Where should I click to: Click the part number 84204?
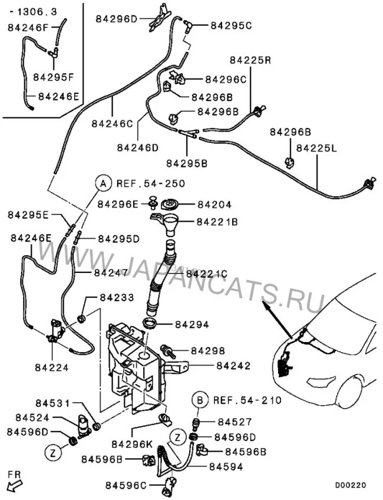click(x=214, y=205)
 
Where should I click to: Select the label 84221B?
click(x=217, y=222)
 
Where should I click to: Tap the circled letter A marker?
click(x=103, y=183)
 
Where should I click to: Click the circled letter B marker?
click(x=200, y=400)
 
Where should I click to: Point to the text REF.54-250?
click(x=142, y=183)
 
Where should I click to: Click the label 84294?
click(x=191, y=324)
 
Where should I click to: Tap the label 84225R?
click(x=250, y=61)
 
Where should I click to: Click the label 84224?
click(x=54, y=367)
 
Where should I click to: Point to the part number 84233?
click(x=117, y=298)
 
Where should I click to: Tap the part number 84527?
click(x=235, y=422)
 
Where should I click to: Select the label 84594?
click(x=226, y=466)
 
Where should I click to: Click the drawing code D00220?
click(x=351, y=485)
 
